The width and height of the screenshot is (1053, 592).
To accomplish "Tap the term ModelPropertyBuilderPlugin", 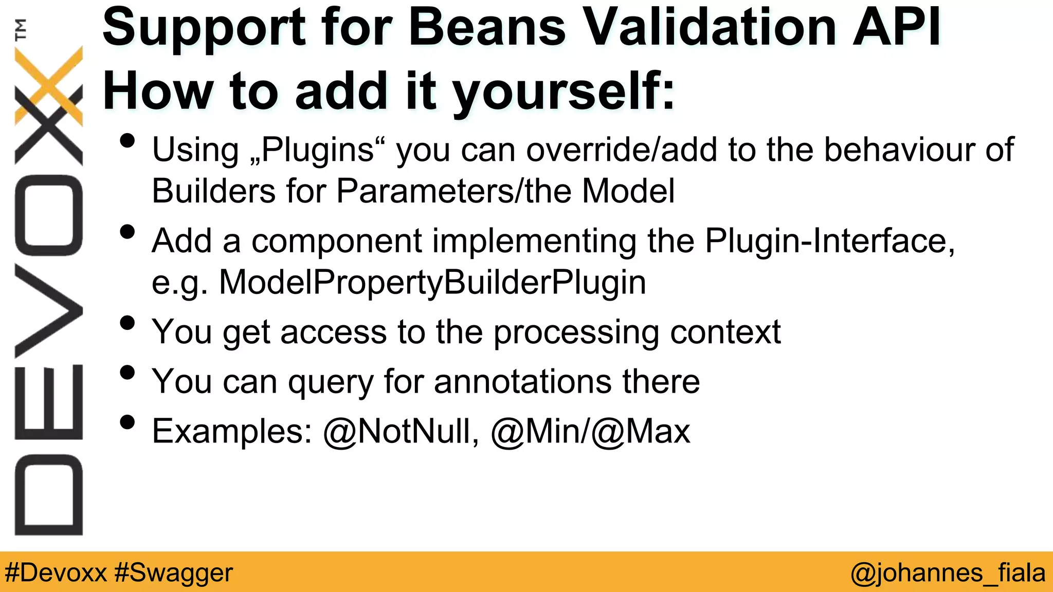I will coord(432,283).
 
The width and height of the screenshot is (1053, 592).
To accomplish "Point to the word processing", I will coord(576,332).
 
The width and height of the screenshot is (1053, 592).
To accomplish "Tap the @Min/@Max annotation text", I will coord(590,431).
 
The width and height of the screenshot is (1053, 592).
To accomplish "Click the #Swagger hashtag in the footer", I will coord(174,572).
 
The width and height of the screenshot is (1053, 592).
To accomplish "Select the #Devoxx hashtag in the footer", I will coord(56,572).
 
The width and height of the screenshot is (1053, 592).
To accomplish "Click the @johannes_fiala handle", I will coord(948,572).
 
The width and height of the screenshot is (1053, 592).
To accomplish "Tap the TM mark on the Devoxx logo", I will coord(21,29).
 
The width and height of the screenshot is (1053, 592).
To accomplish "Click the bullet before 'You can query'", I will coord(127,373).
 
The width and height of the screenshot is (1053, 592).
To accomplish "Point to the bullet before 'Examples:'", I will coord(127,422).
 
